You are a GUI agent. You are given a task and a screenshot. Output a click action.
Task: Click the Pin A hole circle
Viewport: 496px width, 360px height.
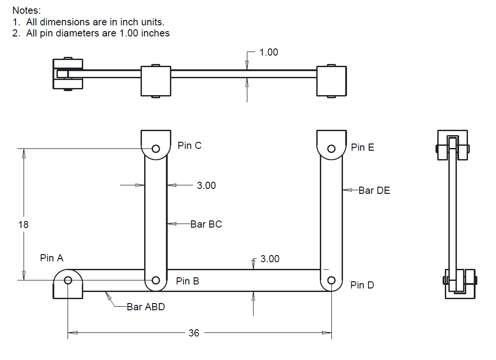pyautogui.click(x=68, y=280)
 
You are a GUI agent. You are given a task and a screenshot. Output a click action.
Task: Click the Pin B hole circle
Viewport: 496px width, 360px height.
pyautogui.click(x=156, y=280)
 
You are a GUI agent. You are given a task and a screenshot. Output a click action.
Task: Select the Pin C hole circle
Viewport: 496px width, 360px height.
pyautogui.click(x=156, y=148)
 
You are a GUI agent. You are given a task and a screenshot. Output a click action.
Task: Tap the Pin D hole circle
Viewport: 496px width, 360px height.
pyautogui.click(x=331, y=280)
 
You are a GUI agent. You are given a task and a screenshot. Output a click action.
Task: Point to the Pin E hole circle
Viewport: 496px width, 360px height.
pyautogui.click(x=331, y=148)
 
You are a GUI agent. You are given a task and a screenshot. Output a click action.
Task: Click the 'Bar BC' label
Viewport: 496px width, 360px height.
pyautogui.click(x=206, y=224)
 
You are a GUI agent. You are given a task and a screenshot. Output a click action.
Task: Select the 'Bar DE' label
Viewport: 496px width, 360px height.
pyautogui.click(x=374, y=190)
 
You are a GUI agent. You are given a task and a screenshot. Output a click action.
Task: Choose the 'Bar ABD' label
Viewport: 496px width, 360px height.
pyautogui.click(x=145, y=307)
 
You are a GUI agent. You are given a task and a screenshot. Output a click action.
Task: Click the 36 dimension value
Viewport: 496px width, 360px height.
pyautogui.click(x=194, y=333)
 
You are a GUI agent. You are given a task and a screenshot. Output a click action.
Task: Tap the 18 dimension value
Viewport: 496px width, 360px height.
pyautogui.click(x=23, y=224)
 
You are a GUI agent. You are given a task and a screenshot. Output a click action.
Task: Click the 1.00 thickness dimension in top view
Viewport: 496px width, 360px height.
pyautogui.click(x=269, y=52)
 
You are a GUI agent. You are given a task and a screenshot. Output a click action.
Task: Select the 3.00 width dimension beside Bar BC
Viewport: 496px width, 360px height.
pyautogui.click(x=206, y=185)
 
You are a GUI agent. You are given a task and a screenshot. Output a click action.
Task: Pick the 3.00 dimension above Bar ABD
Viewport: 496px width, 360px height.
pyautogui.click(x=270, y=259)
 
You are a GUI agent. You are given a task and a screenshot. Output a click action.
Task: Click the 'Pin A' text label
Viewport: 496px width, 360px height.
pyautogui.click(x=52, y=258)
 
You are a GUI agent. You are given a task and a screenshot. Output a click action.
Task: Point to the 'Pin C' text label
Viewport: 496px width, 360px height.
pyautogui.click(x=190, y=145)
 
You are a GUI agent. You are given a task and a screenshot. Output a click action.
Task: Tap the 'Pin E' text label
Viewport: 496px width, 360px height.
pyautogui.click(x=363, y=147)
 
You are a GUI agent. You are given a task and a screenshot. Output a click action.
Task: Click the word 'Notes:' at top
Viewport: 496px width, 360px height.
pyautogui.click(x=27, y=10)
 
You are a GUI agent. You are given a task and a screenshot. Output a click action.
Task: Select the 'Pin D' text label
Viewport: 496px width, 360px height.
pyautogui.click(x=362, y=285)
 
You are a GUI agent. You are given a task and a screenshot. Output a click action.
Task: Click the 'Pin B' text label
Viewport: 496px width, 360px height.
pyautogui.click(x=187, y=281)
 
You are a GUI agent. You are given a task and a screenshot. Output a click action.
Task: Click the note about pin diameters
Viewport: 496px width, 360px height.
pyautogui.click(x=91, y=33)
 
